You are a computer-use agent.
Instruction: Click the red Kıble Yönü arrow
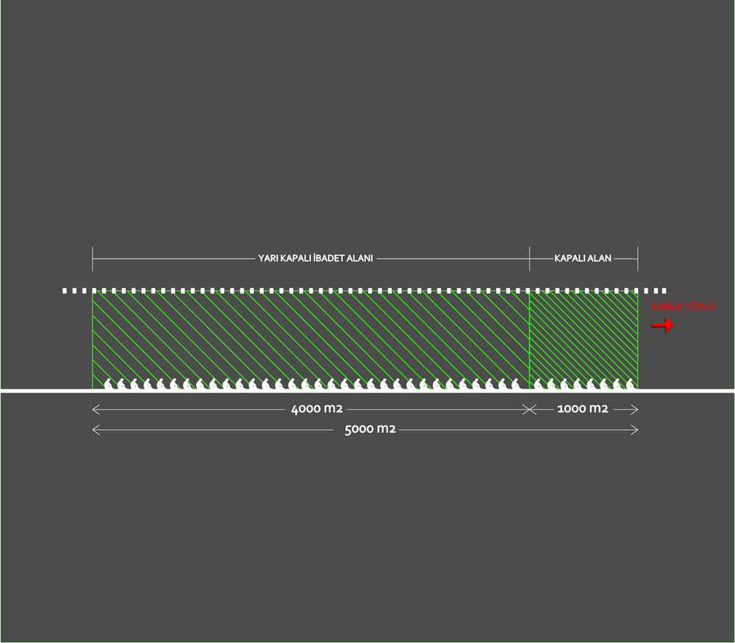click(x=662, y=324)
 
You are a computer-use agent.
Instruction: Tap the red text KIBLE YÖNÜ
click(x=683, y=306)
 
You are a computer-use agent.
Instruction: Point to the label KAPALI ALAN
click(x=583, y=258)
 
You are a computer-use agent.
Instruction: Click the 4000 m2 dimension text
click(x=317, y=409)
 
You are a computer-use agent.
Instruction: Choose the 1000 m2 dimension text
click(x=583, y=409)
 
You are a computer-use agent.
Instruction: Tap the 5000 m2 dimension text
click(x=370, y=429)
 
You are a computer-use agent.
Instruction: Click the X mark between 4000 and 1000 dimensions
click(x=529, y=409)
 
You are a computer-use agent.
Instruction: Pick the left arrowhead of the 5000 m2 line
click(x=96, y=430)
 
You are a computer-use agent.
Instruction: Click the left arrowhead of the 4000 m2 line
click(x=96, y=409)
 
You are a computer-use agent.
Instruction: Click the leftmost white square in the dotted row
click(x=65, y=291)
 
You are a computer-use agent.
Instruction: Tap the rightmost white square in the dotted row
click(x=664, y=291)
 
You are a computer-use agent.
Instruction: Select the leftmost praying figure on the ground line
click(x=109, y=384)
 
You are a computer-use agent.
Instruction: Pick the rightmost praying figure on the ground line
click(x=631, y=384)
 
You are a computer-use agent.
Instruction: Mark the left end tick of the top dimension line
click(x=93, y=259)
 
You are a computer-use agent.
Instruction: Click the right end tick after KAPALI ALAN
click(x=637, y=259)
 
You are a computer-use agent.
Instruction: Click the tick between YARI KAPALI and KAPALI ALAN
click(x=530, y=259)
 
